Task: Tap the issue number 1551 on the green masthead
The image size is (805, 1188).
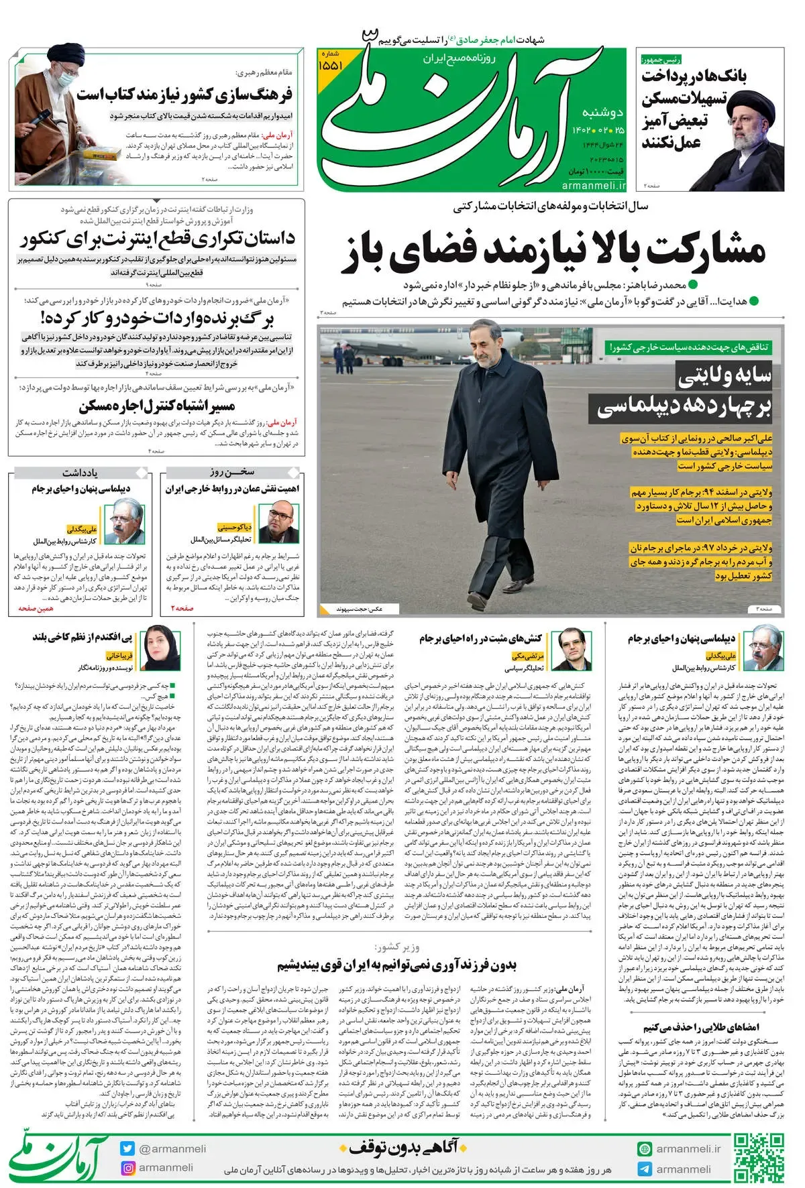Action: [331, 66]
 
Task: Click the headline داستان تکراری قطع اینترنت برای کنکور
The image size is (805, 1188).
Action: [158, 239]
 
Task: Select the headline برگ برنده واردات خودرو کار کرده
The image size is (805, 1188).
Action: [158, 317]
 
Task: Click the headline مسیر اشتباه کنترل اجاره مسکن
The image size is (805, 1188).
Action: [158, 406]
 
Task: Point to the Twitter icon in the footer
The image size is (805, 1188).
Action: [128, 1148]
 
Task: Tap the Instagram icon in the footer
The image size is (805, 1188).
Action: [128, 1169]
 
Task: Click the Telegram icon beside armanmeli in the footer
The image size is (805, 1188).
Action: [645, 1169]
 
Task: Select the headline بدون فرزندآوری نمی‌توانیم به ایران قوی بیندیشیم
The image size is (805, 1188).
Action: [397, 965]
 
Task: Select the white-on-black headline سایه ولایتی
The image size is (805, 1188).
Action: [724, 376]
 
